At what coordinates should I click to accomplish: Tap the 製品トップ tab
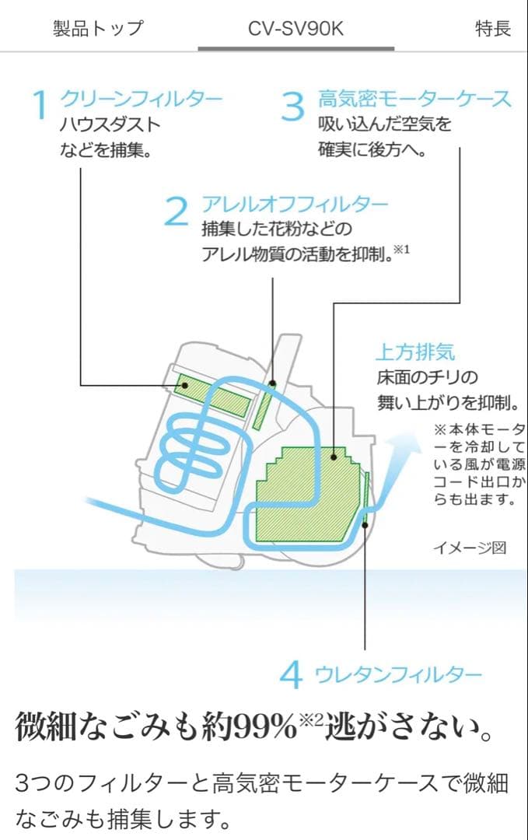(x=98, y=29)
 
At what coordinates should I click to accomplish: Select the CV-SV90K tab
(x=295, y=29)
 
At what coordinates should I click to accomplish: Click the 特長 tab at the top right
(x=493, y=29)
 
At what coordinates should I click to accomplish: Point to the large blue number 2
(x=177, y=212)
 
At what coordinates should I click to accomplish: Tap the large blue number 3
(x=292, y=107)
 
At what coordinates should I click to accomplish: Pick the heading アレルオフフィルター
(x=295, y=205)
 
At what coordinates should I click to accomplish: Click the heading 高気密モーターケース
(x=414, y=99)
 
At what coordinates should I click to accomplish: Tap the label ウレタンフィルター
(x=398, y=674)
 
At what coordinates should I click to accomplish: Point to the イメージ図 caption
(x=469, y=548)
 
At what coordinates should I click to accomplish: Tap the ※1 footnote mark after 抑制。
(x=401, y=250)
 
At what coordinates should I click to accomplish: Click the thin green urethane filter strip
(x=366, y=498)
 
